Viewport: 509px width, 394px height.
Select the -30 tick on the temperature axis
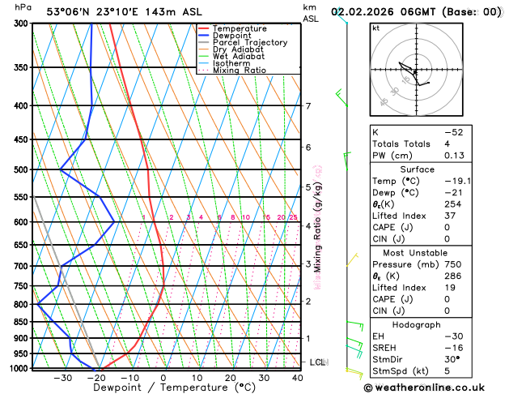point(62,378)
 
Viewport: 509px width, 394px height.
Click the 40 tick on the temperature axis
point(297,378)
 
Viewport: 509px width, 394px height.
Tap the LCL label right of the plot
point(317,362)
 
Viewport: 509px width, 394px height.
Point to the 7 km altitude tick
point(308,106)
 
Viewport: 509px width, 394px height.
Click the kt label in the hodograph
point(375,28)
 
